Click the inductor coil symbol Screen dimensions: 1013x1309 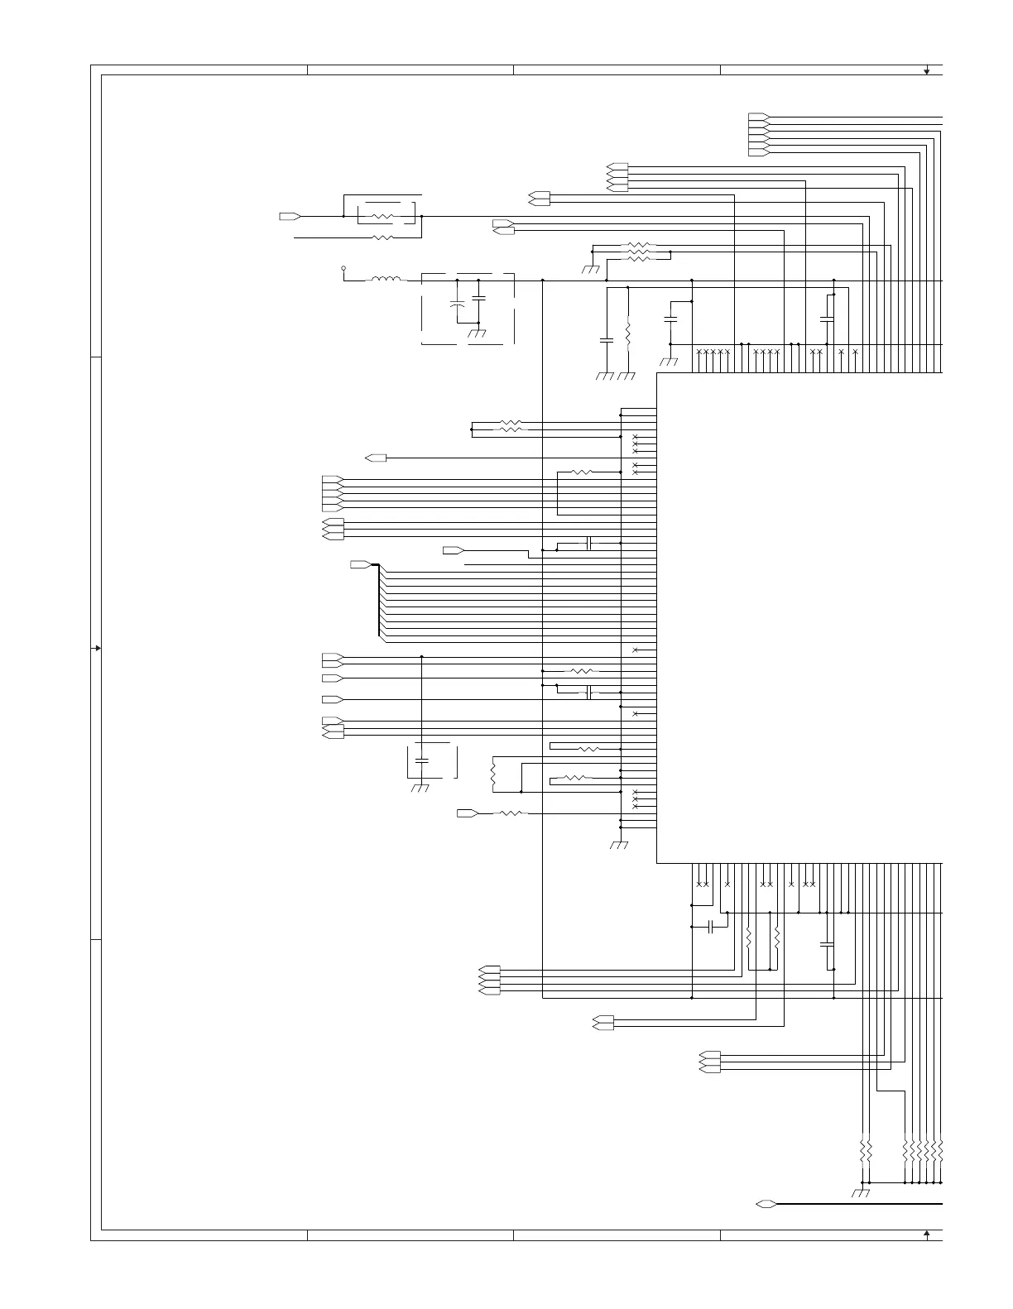[386, 280]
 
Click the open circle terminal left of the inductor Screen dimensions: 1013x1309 [343, 269]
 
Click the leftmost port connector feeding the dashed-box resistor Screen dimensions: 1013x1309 [290, 216]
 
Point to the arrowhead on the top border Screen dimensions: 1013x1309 [927, 71]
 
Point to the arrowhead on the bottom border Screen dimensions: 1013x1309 [927, 1234]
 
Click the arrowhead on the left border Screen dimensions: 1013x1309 [98, 648]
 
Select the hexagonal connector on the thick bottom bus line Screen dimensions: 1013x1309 [766, 1203]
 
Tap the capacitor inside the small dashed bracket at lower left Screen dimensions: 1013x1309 [422, 759]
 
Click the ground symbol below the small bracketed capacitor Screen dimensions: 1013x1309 [420, 789]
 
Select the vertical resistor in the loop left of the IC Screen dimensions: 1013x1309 [492, 774]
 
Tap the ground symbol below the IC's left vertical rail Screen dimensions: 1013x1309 [619, 845]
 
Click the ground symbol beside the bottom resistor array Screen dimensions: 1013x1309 [861, 1193]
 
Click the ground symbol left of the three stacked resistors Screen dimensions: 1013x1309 [593, 269]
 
